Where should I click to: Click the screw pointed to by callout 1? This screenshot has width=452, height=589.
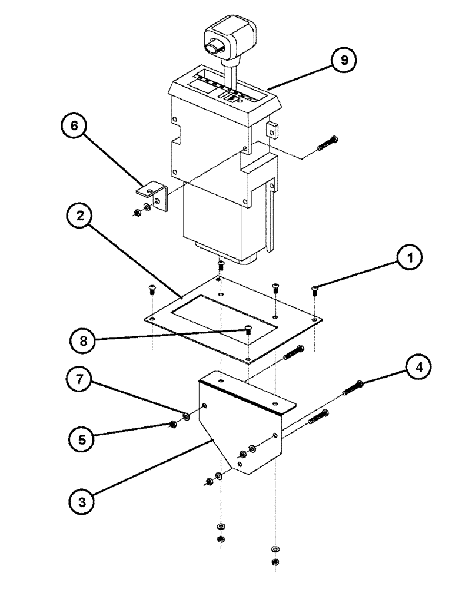coord(315,289)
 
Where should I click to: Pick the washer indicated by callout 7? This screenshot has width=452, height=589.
coord(186,416)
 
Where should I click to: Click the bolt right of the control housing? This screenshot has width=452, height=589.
coord(327,143)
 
